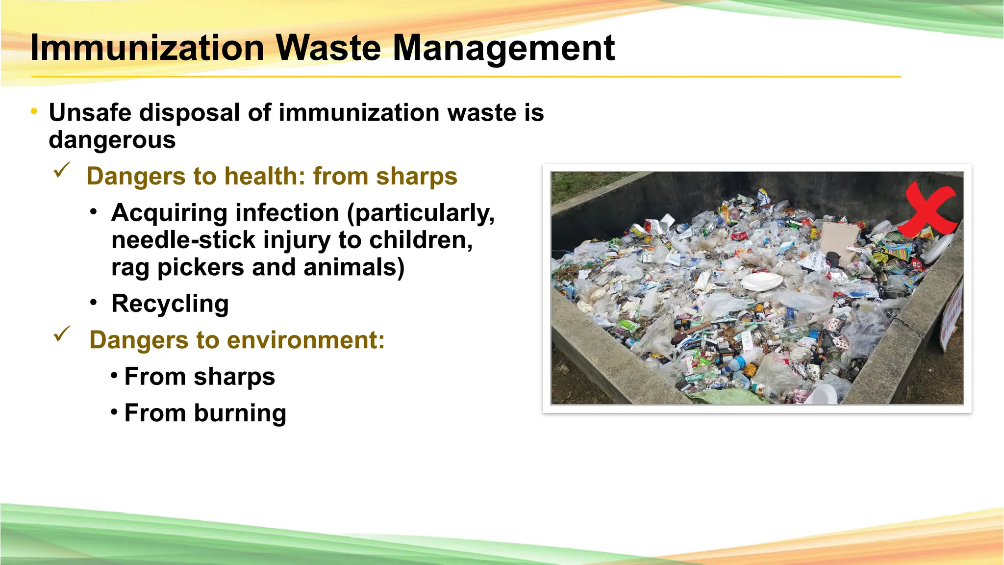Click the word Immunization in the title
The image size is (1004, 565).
(147, 48)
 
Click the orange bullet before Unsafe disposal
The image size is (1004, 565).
(34, 112)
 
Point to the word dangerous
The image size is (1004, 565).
(112, 140)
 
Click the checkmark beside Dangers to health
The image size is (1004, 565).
(62, 170)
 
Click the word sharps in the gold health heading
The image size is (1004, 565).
(416, 177)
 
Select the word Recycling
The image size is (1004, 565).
(170, 304)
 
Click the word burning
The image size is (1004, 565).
(240, 413)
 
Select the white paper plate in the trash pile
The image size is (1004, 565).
(761, 282)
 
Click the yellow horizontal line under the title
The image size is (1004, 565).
(466, 77)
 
